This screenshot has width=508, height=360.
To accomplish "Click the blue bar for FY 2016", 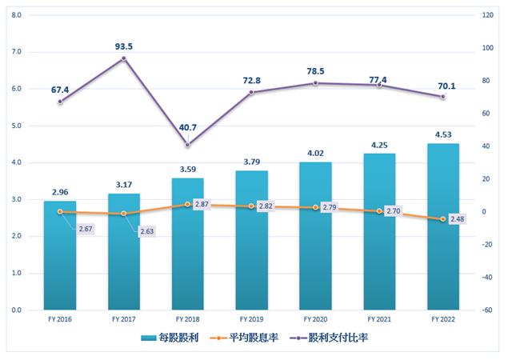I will [60, 256].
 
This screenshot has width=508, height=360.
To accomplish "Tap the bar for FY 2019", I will [251, 241].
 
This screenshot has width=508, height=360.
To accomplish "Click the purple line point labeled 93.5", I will [124, 58].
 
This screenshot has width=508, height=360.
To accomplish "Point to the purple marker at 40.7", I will [187, 145].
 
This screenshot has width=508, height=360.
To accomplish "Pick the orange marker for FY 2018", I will [187, 204].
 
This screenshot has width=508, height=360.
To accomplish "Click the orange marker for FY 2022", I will [442, 218].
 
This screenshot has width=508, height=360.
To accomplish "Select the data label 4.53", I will [442, 134].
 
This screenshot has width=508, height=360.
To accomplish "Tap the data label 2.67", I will [87, 230].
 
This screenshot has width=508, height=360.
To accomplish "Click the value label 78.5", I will [315, 71].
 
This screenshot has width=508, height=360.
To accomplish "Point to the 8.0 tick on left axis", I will [18, 15].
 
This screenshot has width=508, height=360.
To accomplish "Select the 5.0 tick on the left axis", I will [18, 126].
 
